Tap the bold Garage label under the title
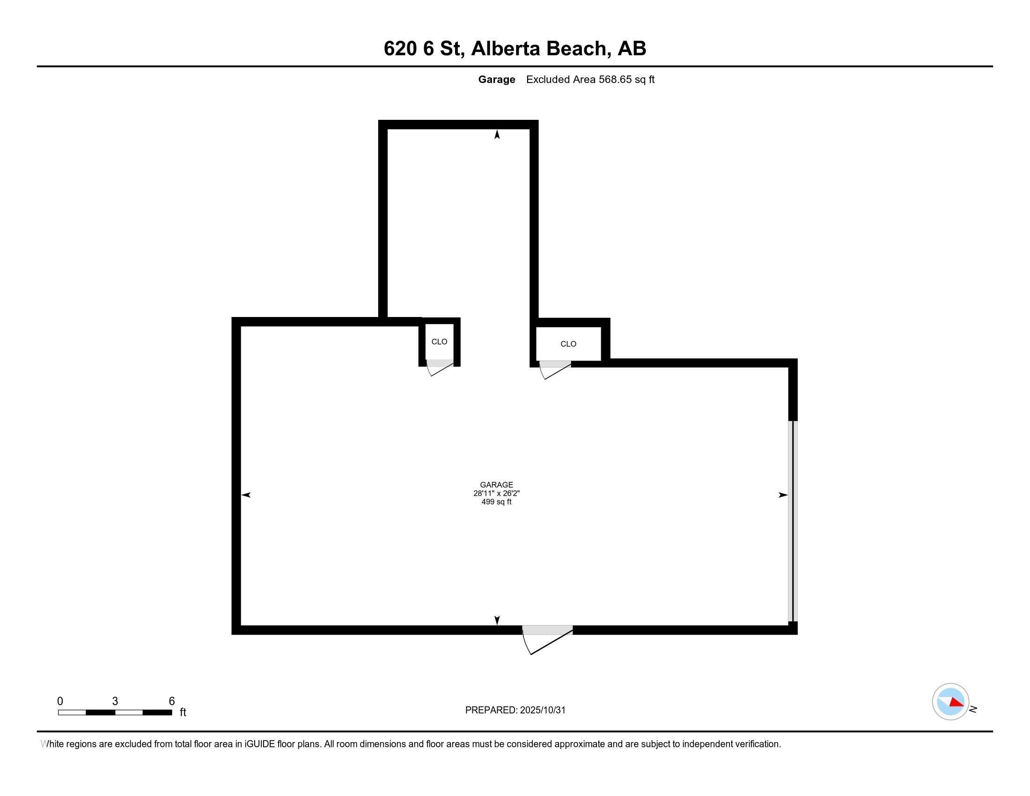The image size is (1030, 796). coord(496,80)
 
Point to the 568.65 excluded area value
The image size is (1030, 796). coord(615,80)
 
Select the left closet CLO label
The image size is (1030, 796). coord(439,342)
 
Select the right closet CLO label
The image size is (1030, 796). coord(568,344)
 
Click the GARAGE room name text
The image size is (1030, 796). coord(496,485)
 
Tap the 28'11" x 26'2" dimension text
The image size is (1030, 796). coord(496,493)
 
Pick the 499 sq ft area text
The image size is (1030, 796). coord(496,502)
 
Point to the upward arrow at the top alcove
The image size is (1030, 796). coord(497,135)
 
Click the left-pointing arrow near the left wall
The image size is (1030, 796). coord(246,494)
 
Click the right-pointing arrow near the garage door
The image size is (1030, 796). coord(782,494)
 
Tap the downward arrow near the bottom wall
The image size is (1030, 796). coord(497,620)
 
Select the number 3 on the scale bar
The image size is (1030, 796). coord(115,701)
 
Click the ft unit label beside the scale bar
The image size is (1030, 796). coord(183,713)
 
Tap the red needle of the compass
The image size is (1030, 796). coord(956,703)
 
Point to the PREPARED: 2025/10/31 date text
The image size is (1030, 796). coord(515,710)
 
